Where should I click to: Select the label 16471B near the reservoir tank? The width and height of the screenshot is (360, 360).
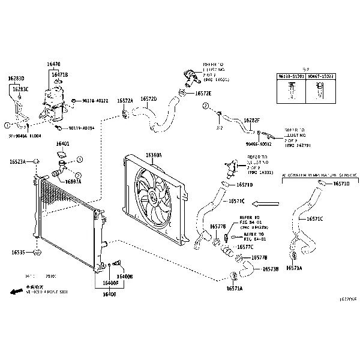click(x=59, y=75)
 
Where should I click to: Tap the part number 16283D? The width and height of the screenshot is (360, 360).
click(x=16, y=79)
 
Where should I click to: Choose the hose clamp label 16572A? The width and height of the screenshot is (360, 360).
click(x=125, y=101)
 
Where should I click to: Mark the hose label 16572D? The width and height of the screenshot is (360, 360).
click(x=149, y=99)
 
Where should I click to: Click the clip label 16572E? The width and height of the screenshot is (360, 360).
click(x=203, y=94)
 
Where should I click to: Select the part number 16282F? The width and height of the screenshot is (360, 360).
click(x=251, y=121)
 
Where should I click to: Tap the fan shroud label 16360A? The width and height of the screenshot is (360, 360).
click(x=153, y=155)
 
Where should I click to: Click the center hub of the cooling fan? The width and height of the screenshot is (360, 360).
click(x=154, y=195)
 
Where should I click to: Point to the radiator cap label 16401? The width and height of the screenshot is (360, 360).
click(x=63, y=144)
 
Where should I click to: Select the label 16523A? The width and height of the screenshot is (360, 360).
click(x=18, y=161)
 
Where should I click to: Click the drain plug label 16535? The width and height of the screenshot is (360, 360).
click(x=17, y=253)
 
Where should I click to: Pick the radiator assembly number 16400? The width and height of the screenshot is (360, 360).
click(x=109, y=294)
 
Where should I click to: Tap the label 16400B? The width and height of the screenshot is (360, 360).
click(x=125, y=276)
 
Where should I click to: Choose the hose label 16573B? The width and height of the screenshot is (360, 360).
click(x=269, y=269)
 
